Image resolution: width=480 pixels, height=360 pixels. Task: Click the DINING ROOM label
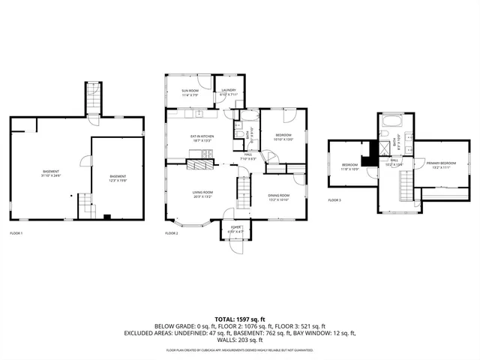tap(279, 197)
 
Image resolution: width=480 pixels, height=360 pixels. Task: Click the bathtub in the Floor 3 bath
tap(391, 120)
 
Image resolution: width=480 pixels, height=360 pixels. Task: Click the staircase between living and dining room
tap(244, 191)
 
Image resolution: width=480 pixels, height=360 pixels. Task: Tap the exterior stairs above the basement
tap(93, 97)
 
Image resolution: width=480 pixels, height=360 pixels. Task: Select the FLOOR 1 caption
tap(16, 233)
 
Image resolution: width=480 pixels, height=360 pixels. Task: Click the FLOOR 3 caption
tap(334, 200)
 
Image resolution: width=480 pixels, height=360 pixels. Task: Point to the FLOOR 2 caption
tap(172, 233)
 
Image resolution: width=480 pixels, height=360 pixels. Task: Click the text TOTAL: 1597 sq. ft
tap(240, 319)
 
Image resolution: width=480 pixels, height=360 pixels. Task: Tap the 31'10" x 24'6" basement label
tap(50, 175)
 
